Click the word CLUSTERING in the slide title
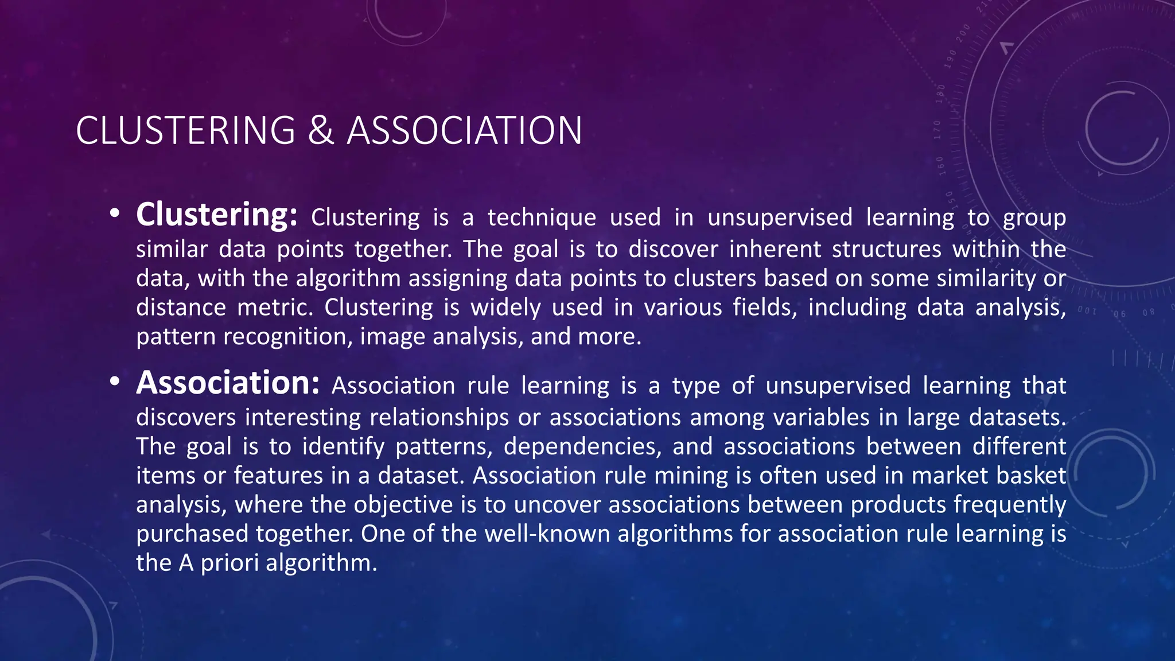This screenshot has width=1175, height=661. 185,130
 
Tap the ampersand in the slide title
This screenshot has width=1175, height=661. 321,130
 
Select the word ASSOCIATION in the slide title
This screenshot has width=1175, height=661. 465,130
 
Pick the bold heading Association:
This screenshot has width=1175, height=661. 228,383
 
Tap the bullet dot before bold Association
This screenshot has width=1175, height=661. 115,382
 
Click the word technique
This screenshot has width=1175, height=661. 542,218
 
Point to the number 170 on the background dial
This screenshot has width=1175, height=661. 937,130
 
